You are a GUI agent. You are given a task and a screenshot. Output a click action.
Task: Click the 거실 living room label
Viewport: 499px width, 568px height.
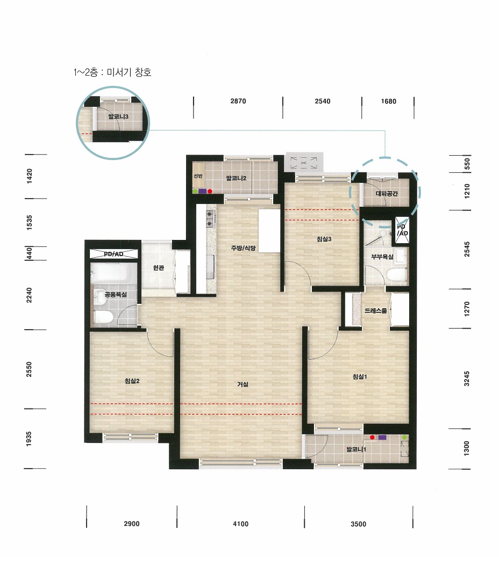pyautogui.click(x=243, y=384)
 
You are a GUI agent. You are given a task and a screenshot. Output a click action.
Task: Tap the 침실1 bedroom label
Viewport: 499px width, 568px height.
pyautogui.click(x=360, y=377)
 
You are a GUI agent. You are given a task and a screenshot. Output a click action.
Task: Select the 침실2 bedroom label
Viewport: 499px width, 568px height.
pyautogui.click(x=132, y=381)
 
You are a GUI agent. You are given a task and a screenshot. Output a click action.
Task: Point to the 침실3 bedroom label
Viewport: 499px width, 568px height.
pyautogui.click(x=324, y=239)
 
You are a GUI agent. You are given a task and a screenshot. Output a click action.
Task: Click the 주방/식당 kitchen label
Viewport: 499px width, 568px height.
pyautogui.click(x=243, y=248)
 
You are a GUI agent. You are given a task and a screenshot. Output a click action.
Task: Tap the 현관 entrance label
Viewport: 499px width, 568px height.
pyautogui.click(x=159, y=268)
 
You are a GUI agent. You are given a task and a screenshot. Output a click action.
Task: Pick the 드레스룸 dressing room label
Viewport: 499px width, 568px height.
pyautogui.click(x=376, y=311)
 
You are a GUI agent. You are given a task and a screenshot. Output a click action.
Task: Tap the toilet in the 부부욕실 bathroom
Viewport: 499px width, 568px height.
pyautogui.click(x=396, y=274)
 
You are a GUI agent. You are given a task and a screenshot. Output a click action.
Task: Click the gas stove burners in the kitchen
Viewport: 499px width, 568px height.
pyautogui.click(x=210, y=219)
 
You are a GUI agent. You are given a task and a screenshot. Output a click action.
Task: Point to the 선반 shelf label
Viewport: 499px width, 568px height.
pyautogui.click(x=198, y=176)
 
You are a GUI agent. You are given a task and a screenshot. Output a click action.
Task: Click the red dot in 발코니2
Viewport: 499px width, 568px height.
pyautogui.click(x=210, y=191)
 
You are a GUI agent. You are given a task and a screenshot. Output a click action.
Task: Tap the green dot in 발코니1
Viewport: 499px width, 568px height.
pyautogui.click(x=404, y=438)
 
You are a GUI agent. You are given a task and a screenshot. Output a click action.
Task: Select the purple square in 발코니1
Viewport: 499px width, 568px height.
pyautogui.click(x=382, y=437)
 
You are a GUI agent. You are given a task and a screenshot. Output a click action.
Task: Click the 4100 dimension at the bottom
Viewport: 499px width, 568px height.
pyautogui.click(x=240, y=524)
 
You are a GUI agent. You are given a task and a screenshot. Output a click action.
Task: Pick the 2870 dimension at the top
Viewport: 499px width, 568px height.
pyautogui.click(x=238, y=101)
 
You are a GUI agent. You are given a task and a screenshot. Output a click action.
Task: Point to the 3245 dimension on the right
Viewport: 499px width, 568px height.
pyautogui.click(x=467, y=378)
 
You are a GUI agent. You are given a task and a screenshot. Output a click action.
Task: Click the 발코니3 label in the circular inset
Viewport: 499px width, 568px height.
pyautogui.click(x=118, y=116)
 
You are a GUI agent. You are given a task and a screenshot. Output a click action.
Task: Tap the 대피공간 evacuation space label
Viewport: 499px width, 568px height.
pyautogui.click(x=387, y=193)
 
